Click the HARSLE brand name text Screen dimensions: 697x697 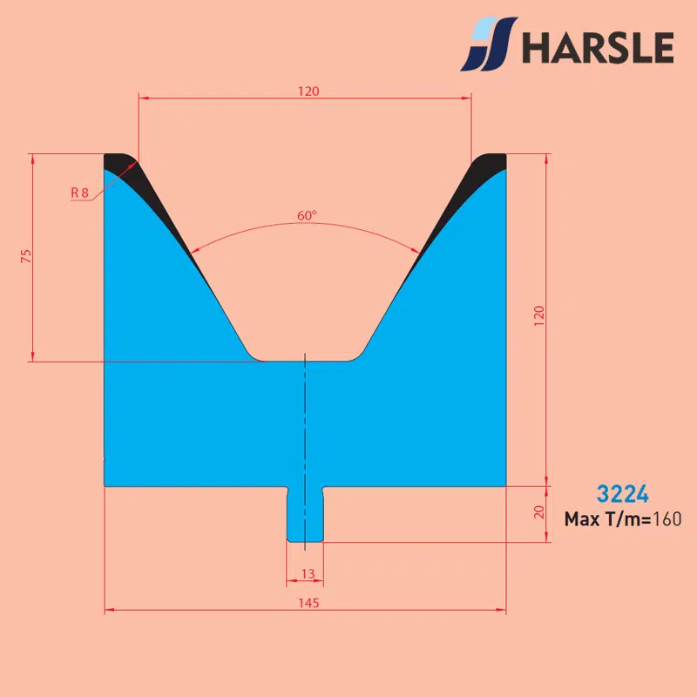(x=598, y=47)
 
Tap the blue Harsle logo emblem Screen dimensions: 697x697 (x=489, y=44)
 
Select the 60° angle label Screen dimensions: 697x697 (x=307, y=215)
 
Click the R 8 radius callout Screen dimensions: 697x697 (x=79, y=193)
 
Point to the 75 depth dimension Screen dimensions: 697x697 (x=26, y=256)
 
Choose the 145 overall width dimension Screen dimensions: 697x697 (x=308, y=603)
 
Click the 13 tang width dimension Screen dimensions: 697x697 (x=308, y=574)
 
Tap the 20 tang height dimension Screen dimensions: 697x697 (x=538, y=512)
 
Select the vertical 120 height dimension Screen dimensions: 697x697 (x=538, y=315)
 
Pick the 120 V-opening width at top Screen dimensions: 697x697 (x=308, y=91)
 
